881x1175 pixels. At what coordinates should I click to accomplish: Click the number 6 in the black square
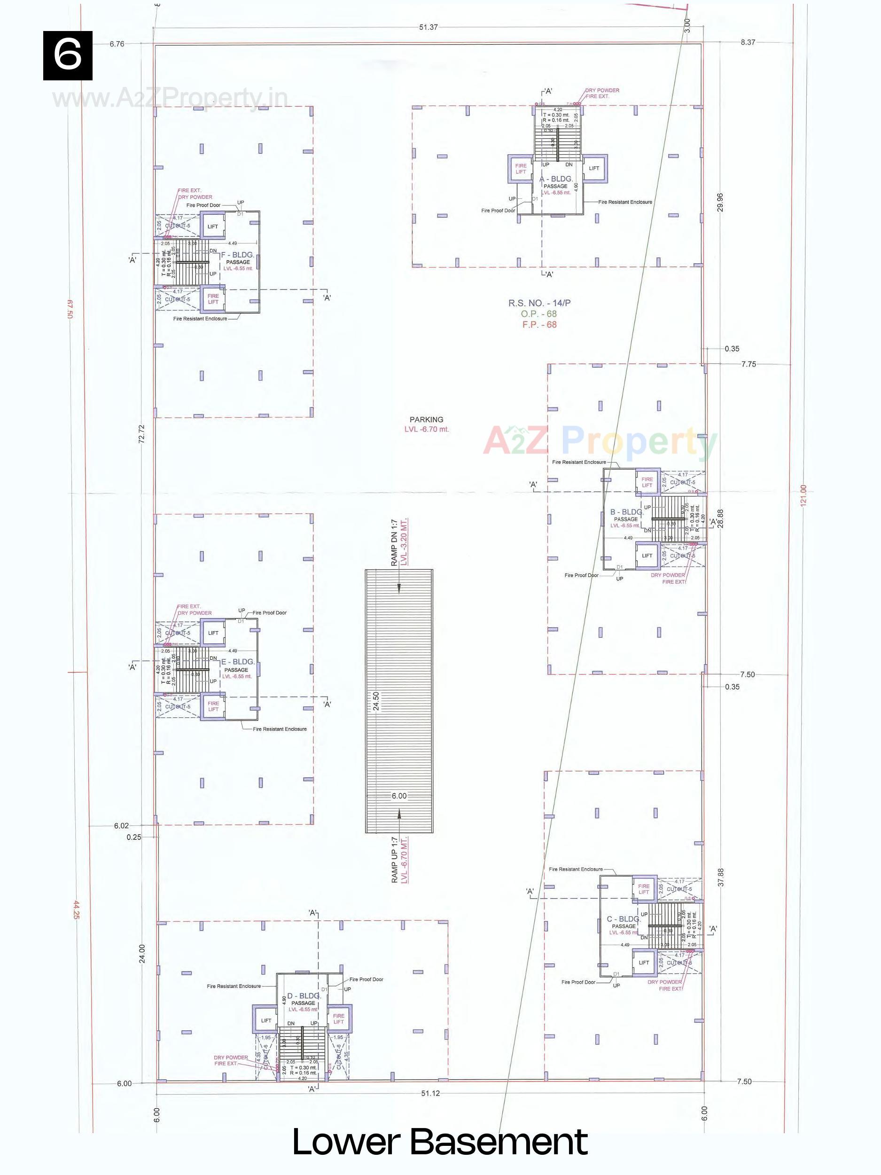pyautogui.click(x=68, y=55)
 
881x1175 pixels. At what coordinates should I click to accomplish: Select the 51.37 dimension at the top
pyautogui.click(x=428, y=28)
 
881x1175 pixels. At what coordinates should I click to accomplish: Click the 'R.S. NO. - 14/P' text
pyautogui.click(x=539, y=303)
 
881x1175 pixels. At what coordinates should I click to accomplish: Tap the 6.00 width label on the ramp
pyautogui.click(x=399, y=795)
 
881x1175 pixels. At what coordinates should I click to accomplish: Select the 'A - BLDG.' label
pyautogui.click(x=556, y=180)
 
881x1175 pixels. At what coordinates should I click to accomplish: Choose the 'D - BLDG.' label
pyautogui.click(x=303, y=995)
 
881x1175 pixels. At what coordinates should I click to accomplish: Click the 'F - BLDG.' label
pyautogui.click(x=237, y=255)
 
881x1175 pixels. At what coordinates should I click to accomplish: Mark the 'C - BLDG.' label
pyautogui.click(x=624, y=919)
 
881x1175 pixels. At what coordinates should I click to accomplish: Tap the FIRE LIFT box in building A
pyautogui.click(x=521, y=169)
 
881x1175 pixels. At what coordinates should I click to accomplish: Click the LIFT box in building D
pyautogui.click(x=266, y=1020)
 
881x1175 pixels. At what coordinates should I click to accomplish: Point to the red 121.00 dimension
pyautogui.click(x=803, y=495)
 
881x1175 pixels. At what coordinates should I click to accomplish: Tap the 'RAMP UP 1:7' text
pyautogui.click(x=394, y=860)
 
